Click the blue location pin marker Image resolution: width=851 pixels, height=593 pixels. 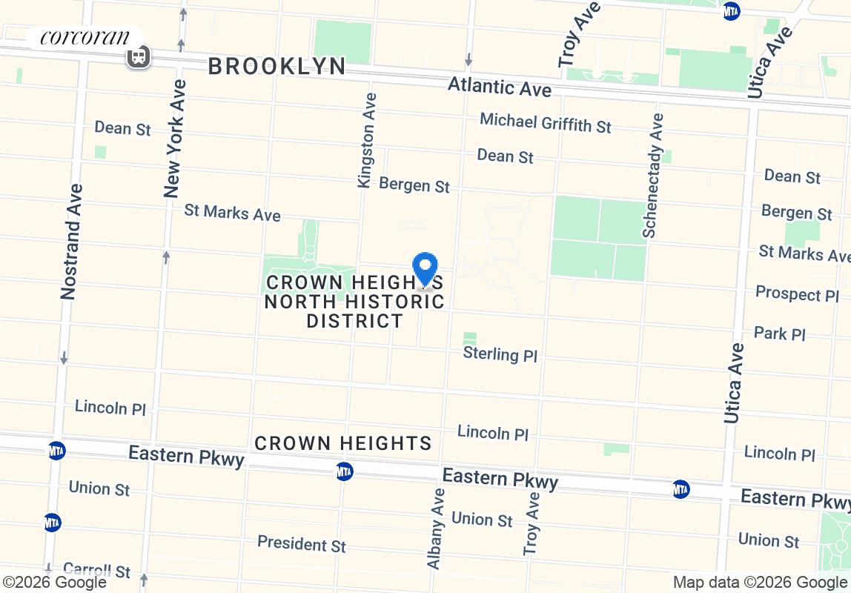pos(425,268)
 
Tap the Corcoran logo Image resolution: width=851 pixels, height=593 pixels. pos(85,37)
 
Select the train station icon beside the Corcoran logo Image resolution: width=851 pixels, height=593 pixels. pos(139,56)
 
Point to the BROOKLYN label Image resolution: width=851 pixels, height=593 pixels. pos(277,66)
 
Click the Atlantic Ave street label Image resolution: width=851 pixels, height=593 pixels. pos(500,87)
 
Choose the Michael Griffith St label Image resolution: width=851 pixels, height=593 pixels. pos(546,122)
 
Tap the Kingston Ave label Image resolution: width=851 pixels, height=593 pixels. pos(367,140)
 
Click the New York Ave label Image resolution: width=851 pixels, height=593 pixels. pos(173,139)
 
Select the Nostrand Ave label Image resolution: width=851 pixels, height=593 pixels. pos(71,241)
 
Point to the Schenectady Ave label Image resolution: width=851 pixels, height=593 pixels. pos(653,175)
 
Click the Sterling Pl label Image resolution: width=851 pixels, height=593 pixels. pos(500,354)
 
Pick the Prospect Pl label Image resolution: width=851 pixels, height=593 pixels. pos(797,294)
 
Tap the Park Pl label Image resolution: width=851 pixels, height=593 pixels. pos(779,334)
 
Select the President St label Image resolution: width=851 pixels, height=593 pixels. pos(301,543)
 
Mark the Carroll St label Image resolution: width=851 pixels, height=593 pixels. pos(96,570)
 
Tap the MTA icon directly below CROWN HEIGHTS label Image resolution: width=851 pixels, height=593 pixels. pos(344,471)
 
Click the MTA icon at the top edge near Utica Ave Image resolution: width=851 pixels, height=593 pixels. pos(731,11)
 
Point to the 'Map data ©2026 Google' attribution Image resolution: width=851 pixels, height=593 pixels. pos(761,583)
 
